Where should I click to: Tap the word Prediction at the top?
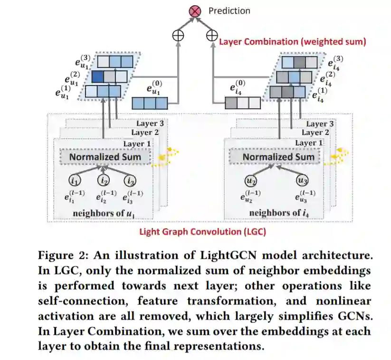229,10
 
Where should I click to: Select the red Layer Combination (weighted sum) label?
292,42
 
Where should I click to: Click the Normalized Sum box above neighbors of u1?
105,157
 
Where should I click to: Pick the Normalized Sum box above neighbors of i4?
278,157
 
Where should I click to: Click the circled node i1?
75,180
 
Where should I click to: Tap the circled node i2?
104,180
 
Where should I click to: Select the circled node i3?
131,180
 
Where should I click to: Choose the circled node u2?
250,180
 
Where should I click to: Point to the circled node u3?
302,180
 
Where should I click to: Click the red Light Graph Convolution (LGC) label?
202,232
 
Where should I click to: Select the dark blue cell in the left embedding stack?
97,76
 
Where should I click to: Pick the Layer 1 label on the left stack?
137,144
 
